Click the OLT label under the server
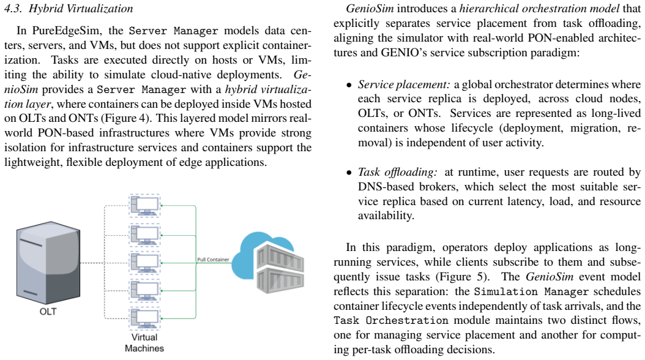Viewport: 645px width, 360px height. coord(48,312)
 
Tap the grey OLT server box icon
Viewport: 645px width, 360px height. coord(48,263)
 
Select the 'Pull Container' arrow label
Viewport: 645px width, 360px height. coord(213,260)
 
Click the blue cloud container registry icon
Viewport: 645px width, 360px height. coord(268,263)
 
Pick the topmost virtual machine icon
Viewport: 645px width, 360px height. coord(144,205)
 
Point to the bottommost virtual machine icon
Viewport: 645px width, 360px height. coord(144,318)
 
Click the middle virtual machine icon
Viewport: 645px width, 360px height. coord(144,262)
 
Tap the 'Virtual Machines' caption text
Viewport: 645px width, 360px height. coord(144,343)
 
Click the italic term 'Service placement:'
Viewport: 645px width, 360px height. coord(404,84)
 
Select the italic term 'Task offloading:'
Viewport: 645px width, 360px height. coord(397,172)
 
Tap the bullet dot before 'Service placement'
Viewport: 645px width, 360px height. coord(349,86)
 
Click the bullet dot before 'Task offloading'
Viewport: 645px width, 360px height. coord(349,173)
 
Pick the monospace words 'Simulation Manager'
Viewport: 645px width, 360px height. coord(531,291)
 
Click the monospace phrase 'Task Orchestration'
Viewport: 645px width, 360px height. coord(391,320)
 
